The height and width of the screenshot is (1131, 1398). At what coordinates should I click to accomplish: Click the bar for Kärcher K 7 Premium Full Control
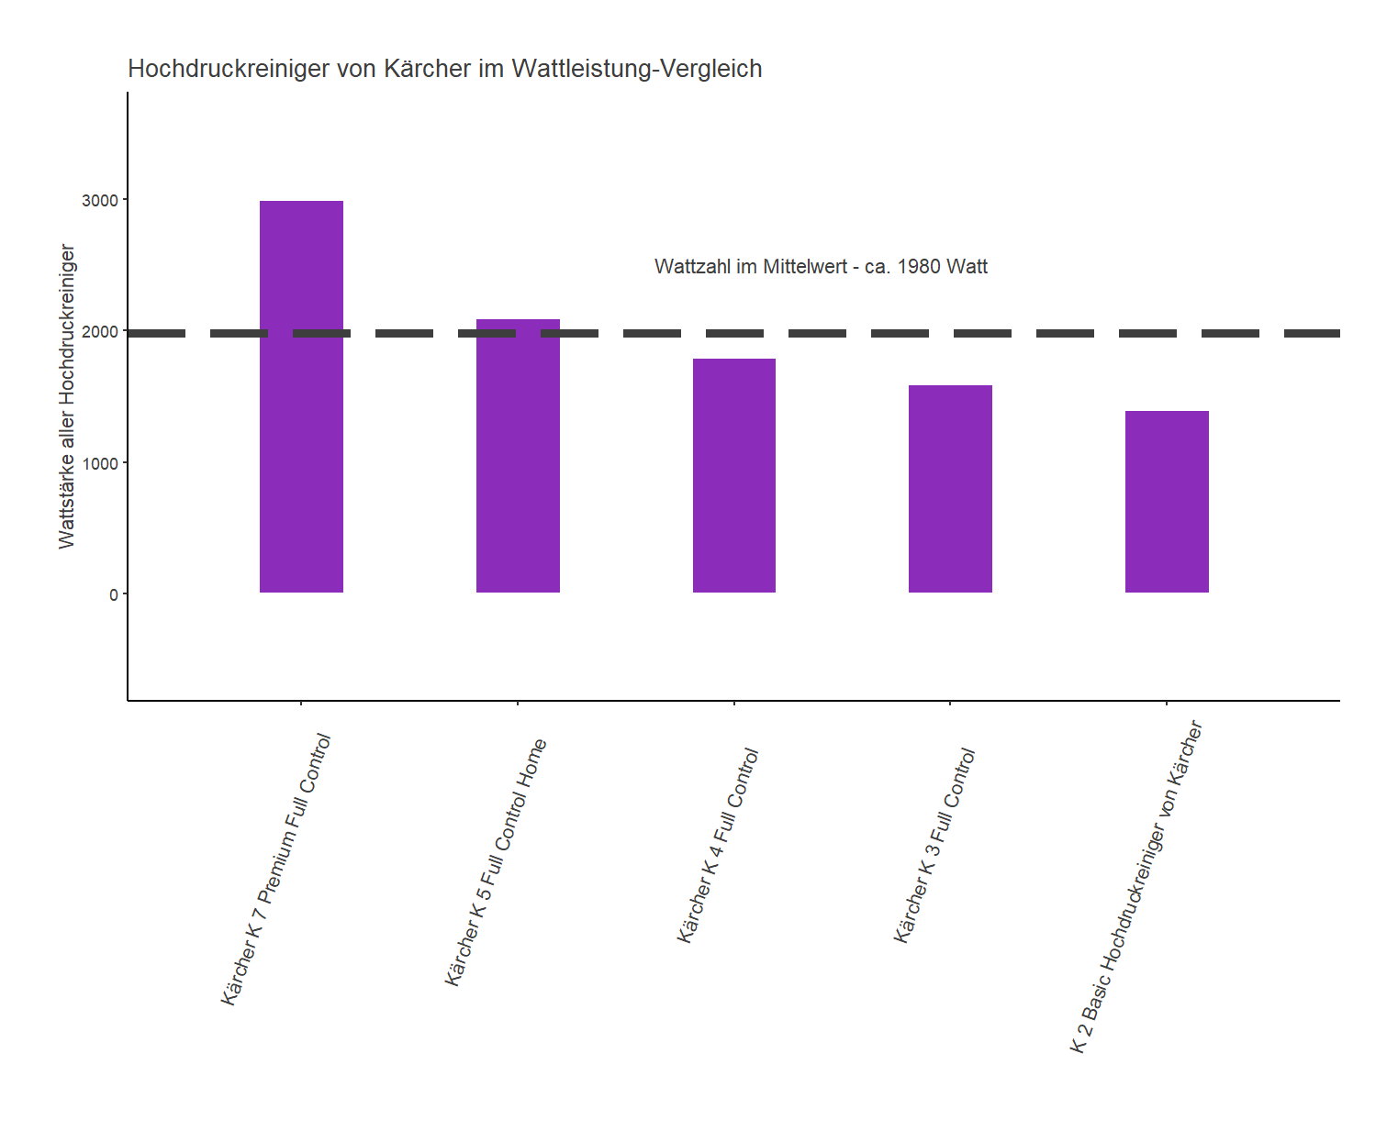301,413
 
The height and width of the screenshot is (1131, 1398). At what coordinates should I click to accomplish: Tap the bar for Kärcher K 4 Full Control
734,477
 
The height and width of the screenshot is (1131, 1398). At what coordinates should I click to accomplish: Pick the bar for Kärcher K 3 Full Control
950,491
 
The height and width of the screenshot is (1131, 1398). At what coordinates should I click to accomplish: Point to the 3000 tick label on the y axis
100,200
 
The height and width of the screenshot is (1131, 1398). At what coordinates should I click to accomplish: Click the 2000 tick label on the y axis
100,332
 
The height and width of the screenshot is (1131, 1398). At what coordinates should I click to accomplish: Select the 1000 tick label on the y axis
100,463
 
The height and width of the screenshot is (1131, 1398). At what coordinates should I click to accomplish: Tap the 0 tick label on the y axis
114,594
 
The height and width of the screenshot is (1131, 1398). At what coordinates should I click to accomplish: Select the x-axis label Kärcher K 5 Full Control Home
496,862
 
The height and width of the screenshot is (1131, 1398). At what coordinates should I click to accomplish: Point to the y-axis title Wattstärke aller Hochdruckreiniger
66,396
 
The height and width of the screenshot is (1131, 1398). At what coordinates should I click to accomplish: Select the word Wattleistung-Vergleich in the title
636,69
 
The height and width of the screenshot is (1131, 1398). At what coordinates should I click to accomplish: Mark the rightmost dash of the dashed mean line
1312,333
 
